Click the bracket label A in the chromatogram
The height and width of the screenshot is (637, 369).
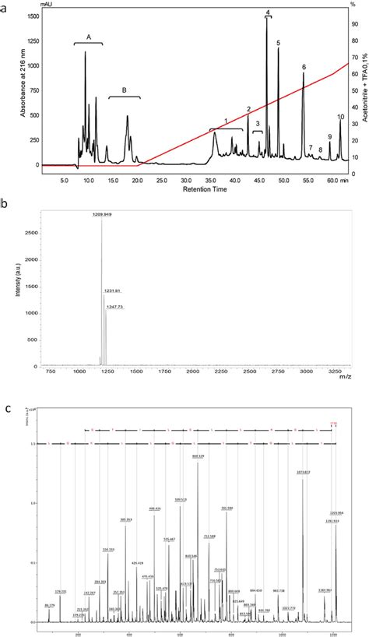click(x=89, y=37)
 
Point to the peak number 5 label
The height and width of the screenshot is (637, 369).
click(x=279, y=43)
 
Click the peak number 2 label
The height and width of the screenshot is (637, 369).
click(x=248, y=110)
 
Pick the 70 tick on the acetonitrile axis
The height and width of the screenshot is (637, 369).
click(x=355, y=56)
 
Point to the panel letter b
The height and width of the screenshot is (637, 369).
click(x=5, y=204)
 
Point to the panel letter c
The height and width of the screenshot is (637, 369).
click(x=6, y=407)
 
